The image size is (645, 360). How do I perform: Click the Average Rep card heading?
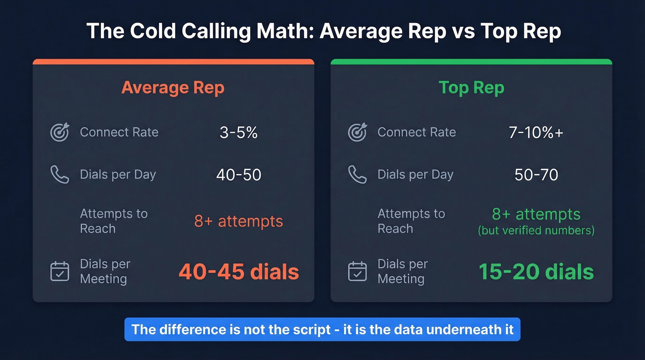pos(173,88)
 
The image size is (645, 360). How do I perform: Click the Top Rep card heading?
pos(471,88)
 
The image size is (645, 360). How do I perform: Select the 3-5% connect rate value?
pos(239,133)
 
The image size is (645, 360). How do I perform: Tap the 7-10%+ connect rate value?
pos(536,133)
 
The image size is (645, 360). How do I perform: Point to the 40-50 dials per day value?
pos(239,175)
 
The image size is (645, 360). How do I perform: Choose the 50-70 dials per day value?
pos(536,175)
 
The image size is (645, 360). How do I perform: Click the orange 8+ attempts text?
pos(239,221)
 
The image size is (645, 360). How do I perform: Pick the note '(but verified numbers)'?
pos(536,230)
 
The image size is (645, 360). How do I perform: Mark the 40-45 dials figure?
pos(239,272)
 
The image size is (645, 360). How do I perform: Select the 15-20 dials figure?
pos(536,272)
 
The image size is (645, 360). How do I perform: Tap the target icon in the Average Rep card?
pos(59,132)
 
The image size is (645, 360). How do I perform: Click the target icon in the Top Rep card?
pos(357,132)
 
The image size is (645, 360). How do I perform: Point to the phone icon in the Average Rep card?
pos(59,175)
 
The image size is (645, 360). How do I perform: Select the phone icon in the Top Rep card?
pos(357,175)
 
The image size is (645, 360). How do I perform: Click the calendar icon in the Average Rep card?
pos(59,271)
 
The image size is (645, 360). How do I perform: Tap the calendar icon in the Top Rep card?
pos(357,271)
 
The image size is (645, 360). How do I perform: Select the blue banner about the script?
pos(322,330)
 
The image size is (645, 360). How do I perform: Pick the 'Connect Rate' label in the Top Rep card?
pos(416,132)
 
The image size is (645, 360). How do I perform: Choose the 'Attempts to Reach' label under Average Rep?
pos(114,221)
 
